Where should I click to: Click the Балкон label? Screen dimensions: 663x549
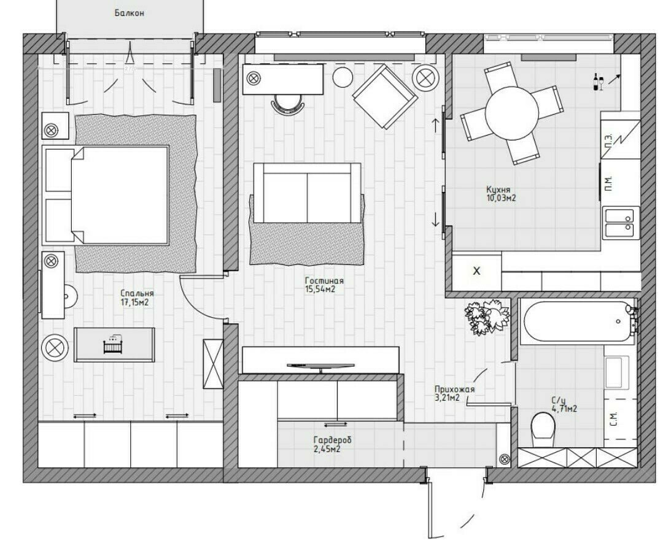pos(129,13)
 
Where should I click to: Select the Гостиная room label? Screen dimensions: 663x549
pos(324,280)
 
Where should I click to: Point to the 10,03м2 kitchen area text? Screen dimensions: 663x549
pos(501,198)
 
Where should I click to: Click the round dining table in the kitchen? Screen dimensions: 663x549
pos(511,113)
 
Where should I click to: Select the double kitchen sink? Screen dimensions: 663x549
pos(619,223)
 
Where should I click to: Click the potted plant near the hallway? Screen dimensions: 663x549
pos(486,317)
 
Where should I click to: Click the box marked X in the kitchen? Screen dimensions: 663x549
pos(476,271)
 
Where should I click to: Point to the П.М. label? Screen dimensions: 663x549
pos(609,183)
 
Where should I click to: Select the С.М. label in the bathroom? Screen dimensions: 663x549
pos(614,419)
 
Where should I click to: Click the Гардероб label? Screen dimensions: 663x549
pos(332,440)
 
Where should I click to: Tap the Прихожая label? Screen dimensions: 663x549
pos(454,390)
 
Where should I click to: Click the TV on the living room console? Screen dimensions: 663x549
pos(320,366)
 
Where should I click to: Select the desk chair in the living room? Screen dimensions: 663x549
pos(287,103)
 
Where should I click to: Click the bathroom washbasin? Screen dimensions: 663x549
pos(615,372)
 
